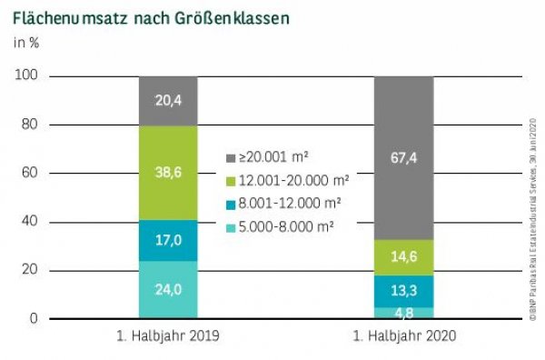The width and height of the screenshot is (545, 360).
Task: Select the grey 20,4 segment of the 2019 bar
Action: pyautogui.click(x=168, y=100)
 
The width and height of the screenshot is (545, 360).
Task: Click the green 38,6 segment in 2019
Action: pyautogui.click(x=168, y=172)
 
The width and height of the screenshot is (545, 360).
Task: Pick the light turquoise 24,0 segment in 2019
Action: pyautogui.click(x=168, y=290)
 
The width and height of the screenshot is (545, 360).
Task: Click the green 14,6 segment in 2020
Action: pyautogui.click(x=404, y=257)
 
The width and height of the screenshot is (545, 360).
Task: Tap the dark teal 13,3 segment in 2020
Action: pyautogui.click(x=404, y=291)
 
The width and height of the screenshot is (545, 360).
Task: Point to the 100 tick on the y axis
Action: pyautogui.click(x=28, y=76)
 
